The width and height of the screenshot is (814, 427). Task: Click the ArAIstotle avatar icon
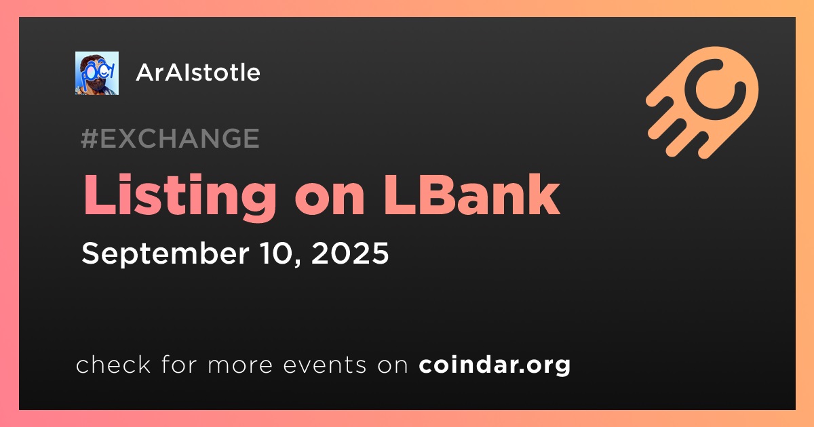point(96,73)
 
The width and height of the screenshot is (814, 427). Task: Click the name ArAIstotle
point(198,73)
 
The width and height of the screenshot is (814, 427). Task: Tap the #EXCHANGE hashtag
point(170,138)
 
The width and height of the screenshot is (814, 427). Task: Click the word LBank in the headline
point(471,195)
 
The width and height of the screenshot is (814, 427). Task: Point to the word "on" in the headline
point(330,200)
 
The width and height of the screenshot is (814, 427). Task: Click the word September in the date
point(166,253)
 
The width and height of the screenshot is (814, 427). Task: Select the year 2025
point(350,253)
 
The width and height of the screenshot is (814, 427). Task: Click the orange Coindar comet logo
point(702,102)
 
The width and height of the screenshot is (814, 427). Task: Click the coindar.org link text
point(495,365)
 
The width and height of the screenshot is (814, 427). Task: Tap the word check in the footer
point(113,364)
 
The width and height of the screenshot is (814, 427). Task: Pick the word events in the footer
point(324,365)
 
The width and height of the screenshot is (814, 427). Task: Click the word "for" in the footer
point(179,364)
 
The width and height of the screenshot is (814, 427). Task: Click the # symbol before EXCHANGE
point(90,138)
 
